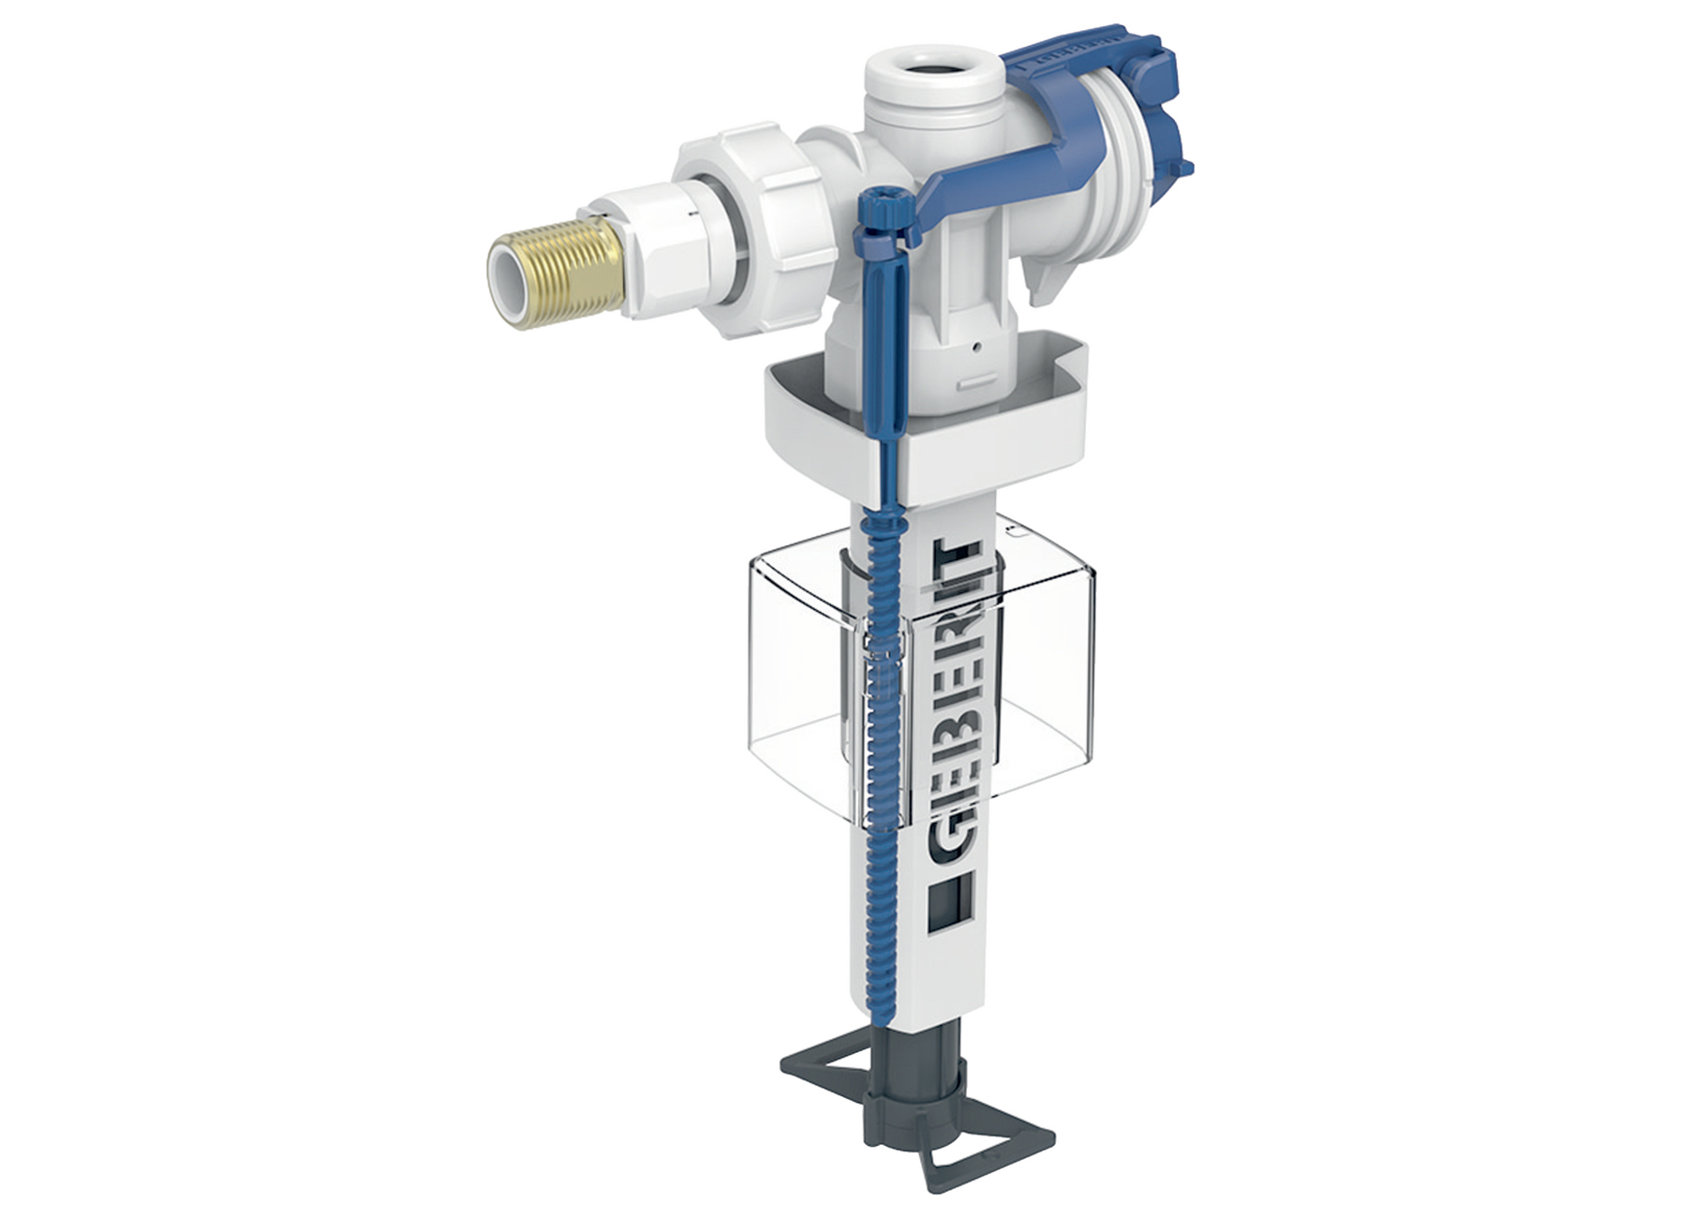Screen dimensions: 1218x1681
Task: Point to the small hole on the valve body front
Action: click(x=977, y=348)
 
